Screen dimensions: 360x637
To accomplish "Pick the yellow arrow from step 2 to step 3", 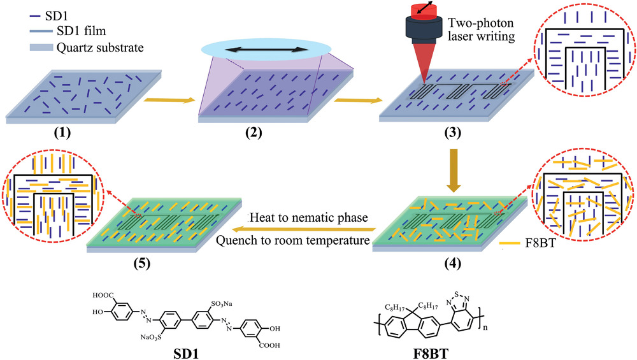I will tap(352, 100).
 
